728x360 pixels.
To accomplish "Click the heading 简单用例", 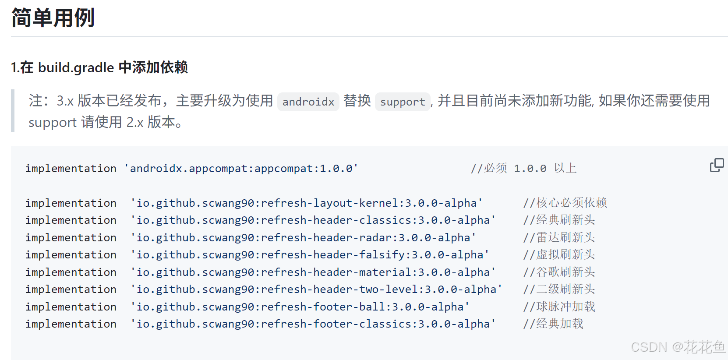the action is (x=53, y=18).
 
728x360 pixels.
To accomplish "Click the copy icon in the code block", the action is (x=717, y=165).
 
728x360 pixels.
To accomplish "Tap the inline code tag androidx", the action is (x=308, y=102).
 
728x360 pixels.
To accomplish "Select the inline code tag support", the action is (x=402, y=102).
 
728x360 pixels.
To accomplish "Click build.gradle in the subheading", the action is (x=76, y=67).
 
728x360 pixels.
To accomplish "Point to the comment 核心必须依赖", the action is (x=565, y=203).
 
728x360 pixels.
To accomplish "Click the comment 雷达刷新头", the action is (x=559, y=237).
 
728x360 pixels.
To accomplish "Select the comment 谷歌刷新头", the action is (x=559, y=272).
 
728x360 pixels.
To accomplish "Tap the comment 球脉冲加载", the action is (x=559, y=307).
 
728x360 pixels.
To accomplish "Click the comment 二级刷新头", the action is (x=559, y=289).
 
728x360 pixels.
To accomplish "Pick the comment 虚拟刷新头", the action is (x=559, y=254).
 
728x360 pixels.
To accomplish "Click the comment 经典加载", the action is (x=553, y=324).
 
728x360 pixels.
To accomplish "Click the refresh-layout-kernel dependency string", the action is (x=306, y=203).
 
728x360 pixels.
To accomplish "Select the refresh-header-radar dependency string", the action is (x=303, y=237).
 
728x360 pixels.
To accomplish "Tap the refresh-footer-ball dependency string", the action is (x=300, y=307).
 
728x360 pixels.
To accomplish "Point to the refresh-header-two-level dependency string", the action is (x=316, y=289).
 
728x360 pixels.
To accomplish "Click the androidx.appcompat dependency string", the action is (x=241, y=169).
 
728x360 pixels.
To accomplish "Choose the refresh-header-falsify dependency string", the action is (x=310, y=254).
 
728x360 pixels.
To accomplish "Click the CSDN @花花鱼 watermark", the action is (x=678, y=347).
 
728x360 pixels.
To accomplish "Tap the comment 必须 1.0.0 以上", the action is (x=523, y=169).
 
